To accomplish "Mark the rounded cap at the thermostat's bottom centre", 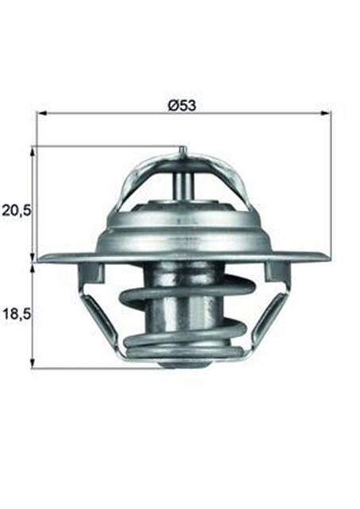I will (182, 364).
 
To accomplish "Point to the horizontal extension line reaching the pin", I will (103, 146).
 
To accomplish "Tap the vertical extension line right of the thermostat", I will (331, 183).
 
